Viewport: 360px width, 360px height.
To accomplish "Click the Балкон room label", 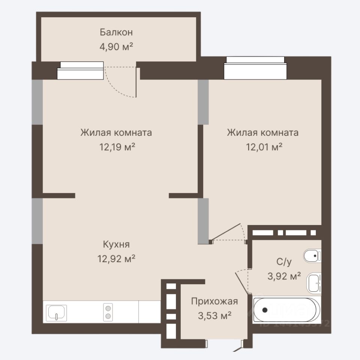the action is tap(116, 32).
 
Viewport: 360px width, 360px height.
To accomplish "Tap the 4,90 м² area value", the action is tap(116, 46).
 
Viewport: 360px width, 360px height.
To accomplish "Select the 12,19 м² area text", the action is tap(117, 147).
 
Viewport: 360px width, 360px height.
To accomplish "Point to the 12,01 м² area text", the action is tap(264, 147).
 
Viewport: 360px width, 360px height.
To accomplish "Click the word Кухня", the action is tap(116, 244).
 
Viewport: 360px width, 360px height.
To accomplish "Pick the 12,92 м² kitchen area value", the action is tap(116, 259).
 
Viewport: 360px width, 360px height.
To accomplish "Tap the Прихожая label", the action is tap(214, 301).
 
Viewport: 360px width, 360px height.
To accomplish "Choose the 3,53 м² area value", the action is tap(214, 316).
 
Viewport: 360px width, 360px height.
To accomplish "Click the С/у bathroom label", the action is tap(284, 261).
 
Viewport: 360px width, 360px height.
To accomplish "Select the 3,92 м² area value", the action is tap(284, 276).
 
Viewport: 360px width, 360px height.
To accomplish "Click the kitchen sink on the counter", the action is tap(57, 313).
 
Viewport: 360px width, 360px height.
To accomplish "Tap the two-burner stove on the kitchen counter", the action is tap(108, 312).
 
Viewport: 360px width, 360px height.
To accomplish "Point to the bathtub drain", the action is tap(265, 310).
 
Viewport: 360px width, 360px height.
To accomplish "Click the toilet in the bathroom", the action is tap(312, 255).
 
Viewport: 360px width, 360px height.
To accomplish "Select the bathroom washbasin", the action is tap(314, 283).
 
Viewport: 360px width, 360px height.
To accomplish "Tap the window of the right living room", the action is tap(255, 68).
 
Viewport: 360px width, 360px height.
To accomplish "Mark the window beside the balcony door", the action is tap(80, 70).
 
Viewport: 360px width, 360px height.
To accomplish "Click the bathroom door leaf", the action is tap(242, 283).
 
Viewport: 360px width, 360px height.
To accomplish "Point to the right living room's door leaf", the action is tap(226, 232).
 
